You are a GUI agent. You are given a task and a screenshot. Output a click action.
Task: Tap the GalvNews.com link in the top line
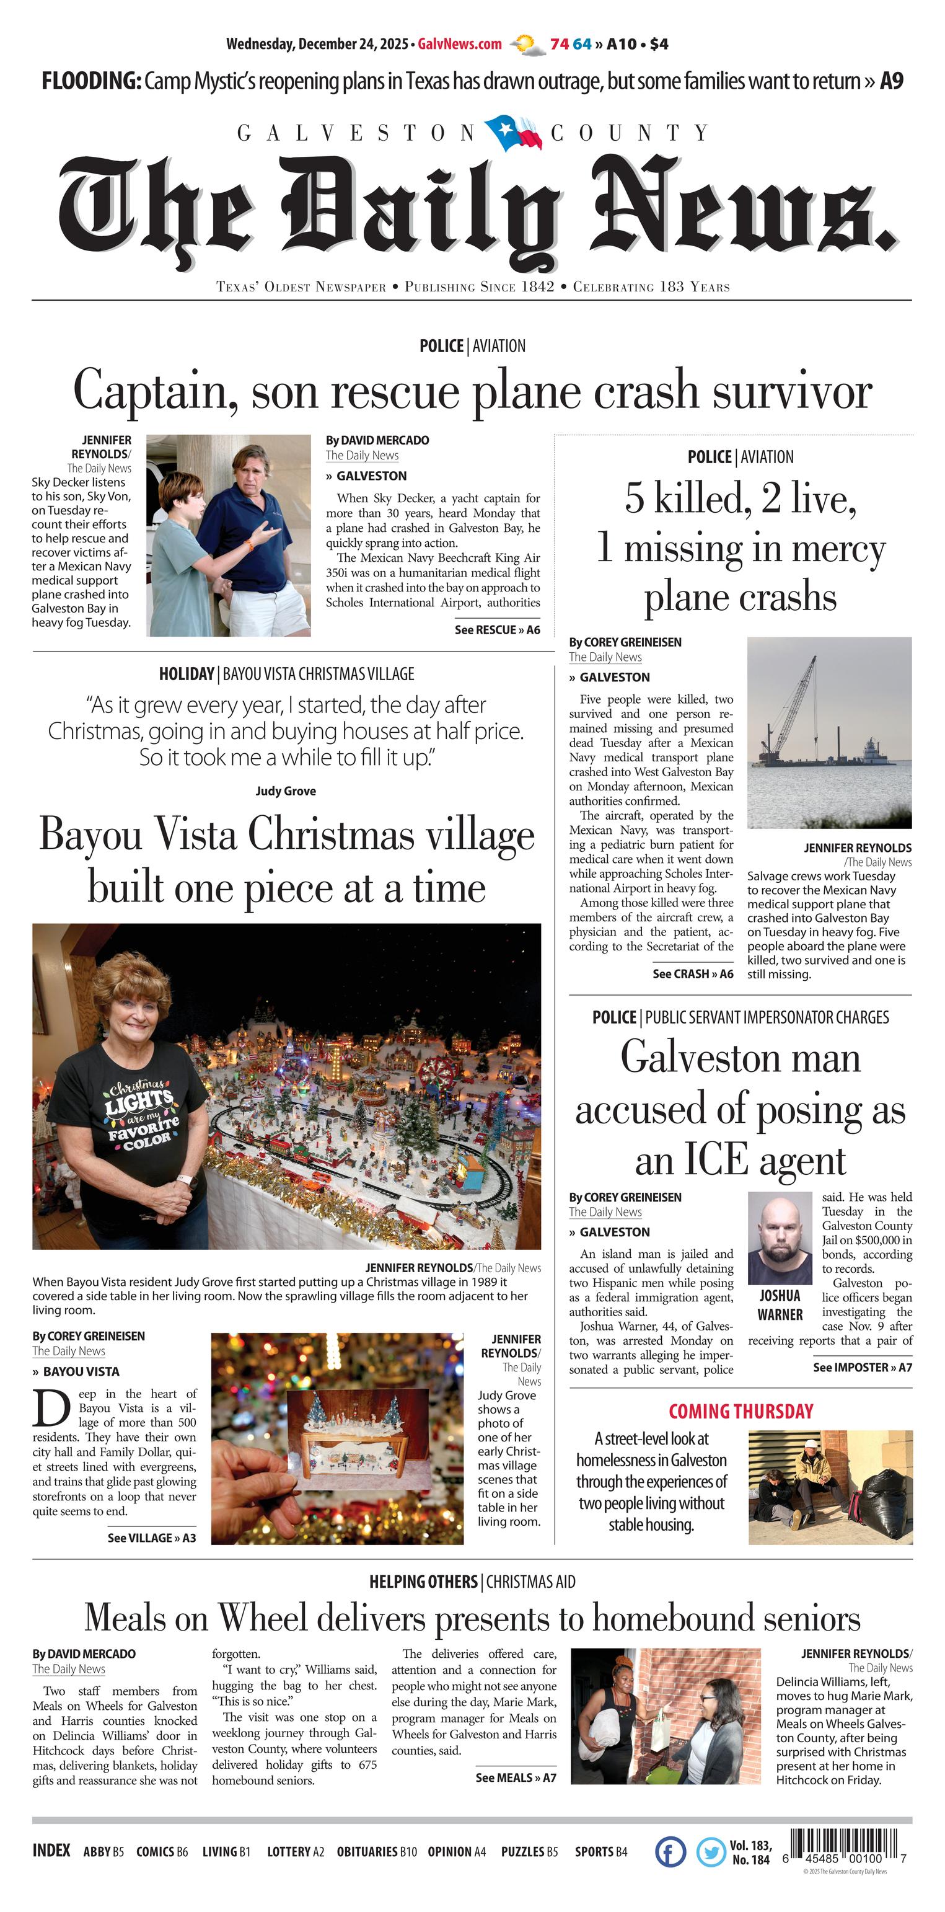[x=460, y=44]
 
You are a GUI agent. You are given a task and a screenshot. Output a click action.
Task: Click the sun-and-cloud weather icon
[x=527, y=45]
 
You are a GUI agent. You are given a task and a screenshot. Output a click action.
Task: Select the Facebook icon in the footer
[x=670, y=1852]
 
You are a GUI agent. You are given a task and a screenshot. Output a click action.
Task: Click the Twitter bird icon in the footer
[x=711, y=1852]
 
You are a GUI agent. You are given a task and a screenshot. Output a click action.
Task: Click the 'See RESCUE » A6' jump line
[x=497, y=630]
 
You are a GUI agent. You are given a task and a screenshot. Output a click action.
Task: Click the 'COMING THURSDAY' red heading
[x=741, y=1411]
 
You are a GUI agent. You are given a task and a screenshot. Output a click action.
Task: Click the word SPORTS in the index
[x=594, y=1852]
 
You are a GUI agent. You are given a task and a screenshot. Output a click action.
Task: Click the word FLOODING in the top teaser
[x=90, y=81]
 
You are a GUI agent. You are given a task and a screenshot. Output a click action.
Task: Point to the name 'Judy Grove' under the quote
[x=286, y=791]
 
